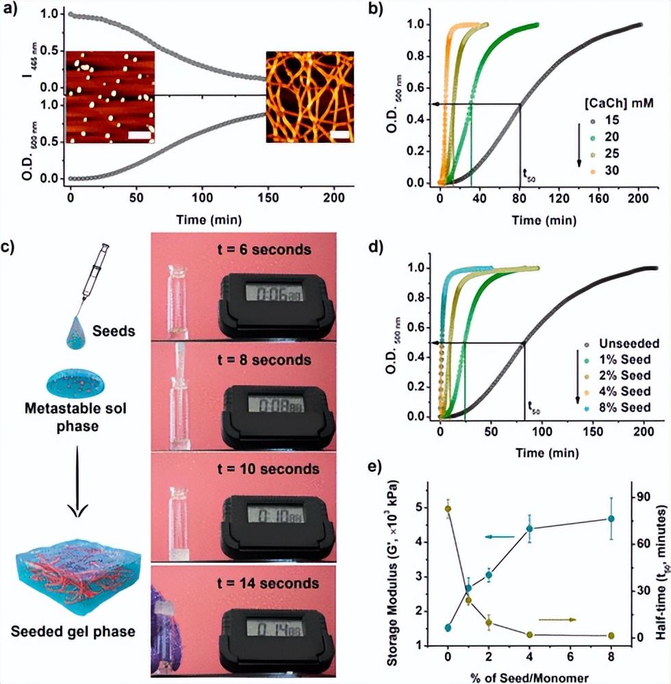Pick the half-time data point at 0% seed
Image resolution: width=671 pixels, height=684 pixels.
click(x=448, y=509)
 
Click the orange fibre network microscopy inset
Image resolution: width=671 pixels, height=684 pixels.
click(x=309, y=96)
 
